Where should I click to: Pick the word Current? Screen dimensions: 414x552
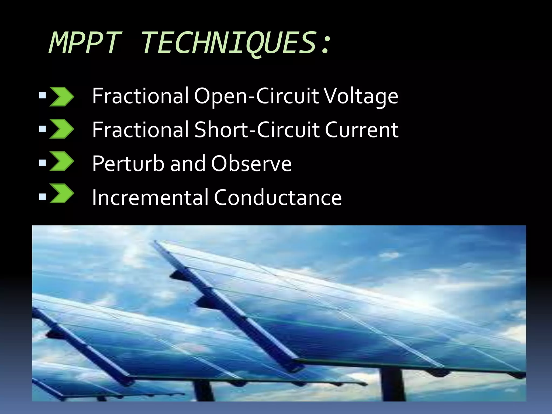tap(361, 130)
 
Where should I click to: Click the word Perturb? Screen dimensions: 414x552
tap(128, 163)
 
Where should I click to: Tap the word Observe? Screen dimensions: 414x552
tap(251, 163)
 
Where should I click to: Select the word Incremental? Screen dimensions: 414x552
tap(150, 197)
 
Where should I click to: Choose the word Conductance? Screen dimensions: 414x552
tap(278, 197)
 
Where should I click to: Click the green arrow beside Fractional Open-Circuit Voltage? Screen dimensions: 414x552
tap(62, 96)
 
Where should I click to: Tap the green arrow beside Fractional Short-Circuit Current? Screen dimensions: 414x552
tap(62, 129)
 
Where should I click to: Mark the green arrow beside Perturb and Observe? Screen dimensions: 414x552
tap(62, 161)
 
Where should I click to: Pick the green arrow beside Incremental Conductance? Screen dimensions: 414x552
tap(62, 193)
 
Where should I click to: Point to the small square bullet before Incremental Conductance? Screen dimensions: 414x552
tap(43, 197)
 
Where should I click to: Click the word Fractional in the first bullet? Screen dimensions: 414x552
tap(140, 96)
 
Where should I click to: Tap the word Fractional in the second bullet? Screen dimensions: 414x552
tap(140, 130)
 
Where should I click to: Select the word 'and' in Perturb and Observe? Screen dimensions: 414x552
tap(188, 163)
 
